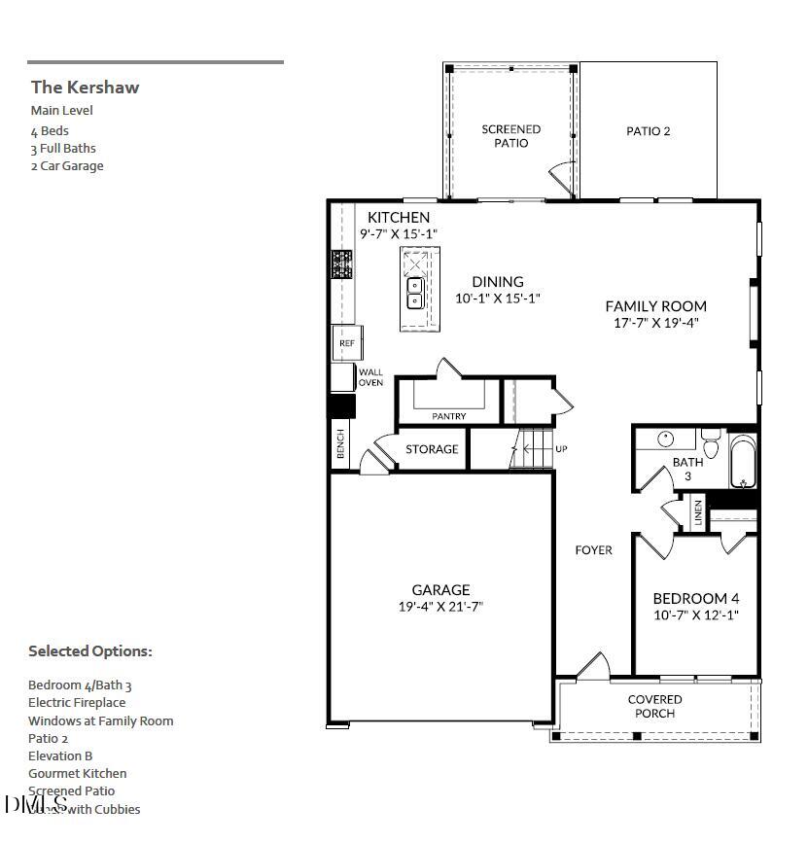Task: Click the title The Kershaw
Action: (85, 88)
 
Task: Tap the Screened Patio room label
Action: (511, 136)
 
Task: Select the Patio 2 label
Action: (648, 131)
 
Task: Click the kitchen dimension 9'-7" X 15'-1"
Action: (399, 233)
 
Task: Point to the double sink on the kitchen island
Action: (414, 293)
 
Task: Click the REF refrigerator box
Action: (346, 343)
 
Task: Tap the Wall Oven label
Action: (370, 377)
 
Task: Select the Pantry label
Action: (449, 416)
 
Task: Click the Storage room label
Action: (432, 449)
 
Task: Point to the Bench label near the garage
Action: (340, 444)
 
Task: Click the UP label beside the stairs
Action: (561, 449)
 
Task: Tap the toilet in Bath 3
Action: (711, 445)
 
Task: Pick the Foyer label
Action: (593, 550)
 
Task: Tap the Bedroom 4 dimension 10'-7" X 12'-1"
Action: (695, 615)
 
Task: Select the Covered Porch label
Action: (654, 706)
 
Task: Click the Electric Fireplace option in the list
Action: (77, 703)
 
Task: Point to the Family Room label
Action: (655, 306)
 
